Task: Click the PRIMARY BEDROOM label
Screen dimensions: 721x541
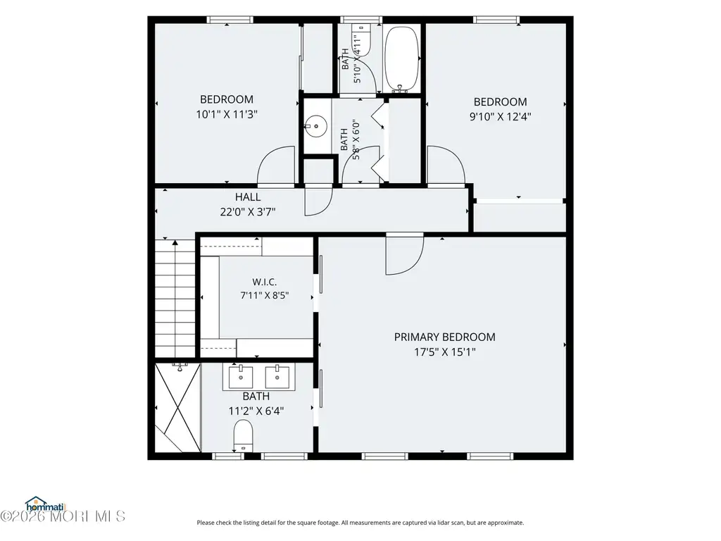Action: click(445, 337)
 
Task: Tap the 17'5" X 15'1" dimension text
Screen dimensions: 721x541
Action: click(445, 352)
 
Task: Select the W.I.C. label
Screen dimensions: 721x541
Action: click(265, 282)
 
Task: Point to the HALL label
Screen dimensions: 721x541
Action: click(248, 197)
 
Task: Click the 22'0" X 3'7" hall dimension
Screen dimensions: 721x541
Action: click(248, 212)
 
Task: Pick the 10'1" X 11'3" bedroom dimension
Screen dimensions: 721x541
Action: click(227, 114)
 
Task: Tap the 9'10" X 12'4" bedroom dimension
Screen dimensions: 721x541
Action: click(501, 116)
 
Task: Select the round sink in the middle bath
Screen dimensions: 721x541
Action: click(315, 125)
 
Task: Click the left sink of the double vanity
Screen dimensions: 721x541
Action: click(241, 377)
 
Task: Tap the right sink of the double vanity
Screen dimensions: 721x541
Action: click(277, 377)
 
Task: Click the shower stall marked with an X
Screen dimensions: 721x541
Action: click(178, 408)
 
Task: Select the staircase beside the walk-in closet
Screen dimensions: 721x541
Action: click(175, 298)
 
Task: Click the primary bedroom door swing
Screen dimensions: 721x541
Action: click(404, 254)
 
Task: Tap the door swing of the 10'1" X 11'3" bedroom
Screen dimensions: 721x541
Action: click(276, 166)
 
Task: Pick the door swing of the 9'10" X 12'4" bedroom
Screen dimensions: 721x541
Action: click(446, 166)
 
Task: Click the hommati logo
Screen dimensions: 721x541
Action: click(45, 504)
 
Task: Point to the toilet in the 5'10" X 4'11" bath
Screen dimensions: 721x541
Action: click(361, 39)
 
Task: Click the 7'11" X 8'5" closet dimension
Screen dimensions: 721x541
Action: click(265, 295)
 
